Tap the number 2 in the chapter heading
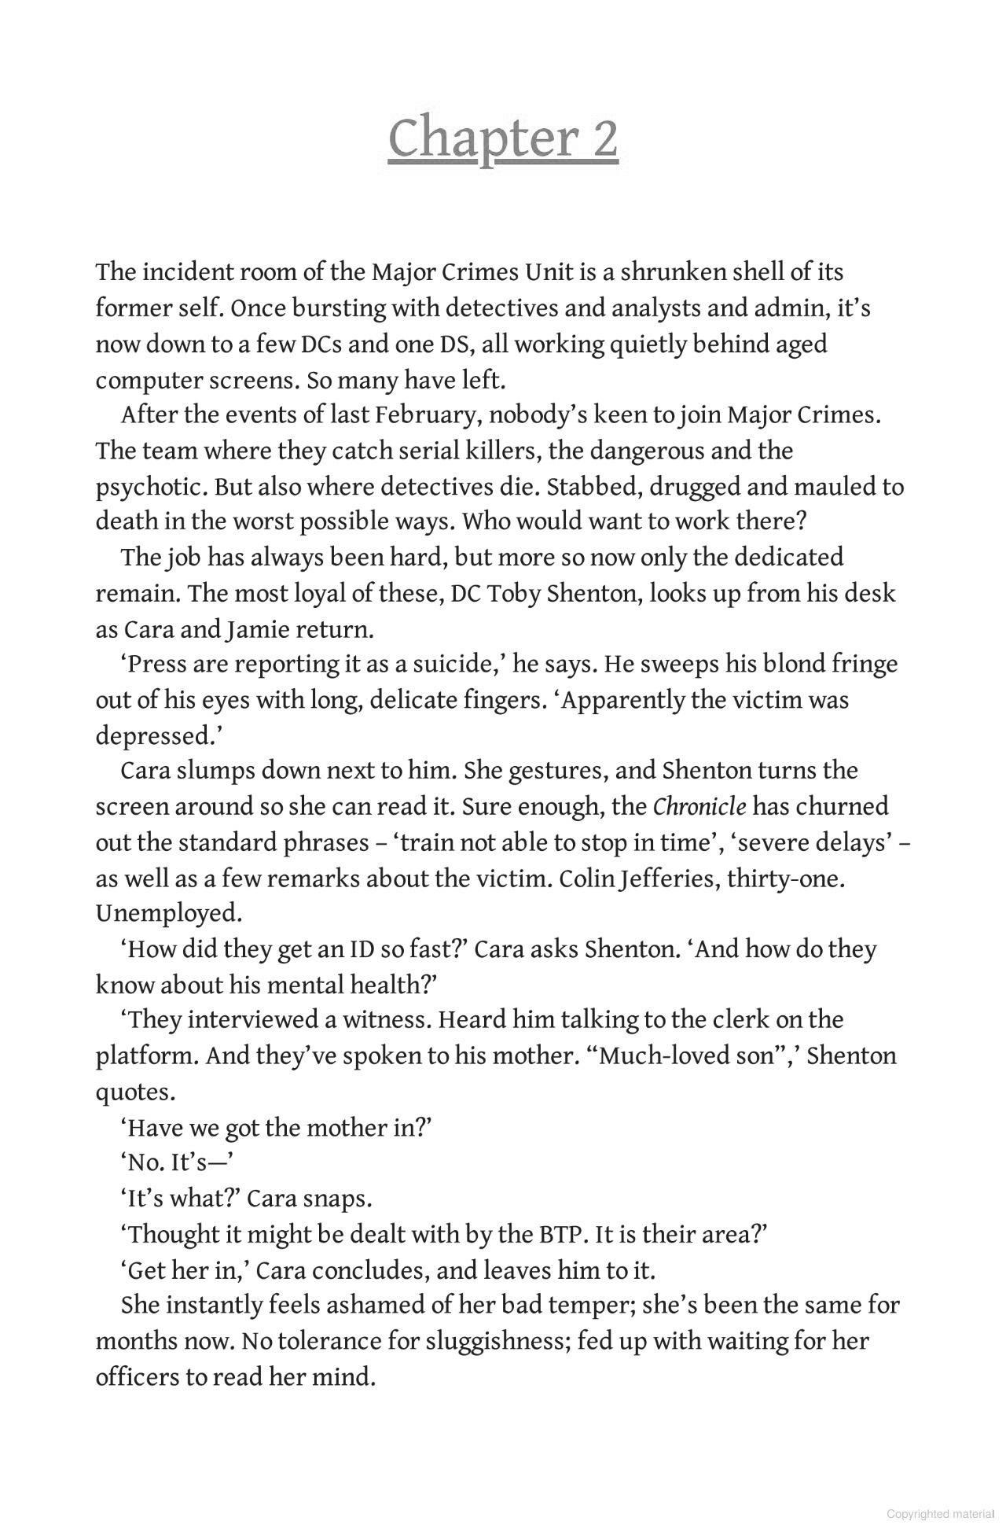pos(602,138)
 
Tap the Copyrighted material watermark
pos(940,1514)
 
